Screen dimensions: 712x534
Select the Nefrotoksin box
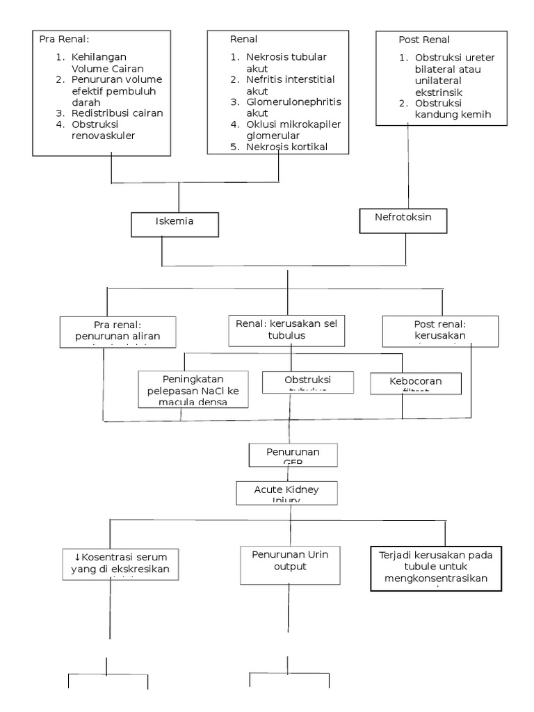point(403,218)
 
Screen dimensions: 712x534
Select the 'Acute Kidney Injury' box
point(286,491)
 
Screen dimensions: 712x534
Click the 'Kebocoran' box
point(416,382)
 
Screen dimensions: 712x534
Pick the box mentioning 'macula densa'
point(192,388)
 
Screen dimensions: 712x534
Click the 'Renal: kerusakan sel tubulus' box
point(287,330)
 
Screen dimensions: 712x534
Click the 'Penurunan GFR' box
point(293,454)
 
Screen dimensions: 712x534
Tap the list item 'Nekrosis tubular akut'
point(285,63)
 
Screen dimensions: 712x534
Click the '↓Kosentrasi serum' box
point(125,563)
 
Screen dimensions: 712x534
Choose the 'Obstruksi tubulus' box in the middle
point(307,382)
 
